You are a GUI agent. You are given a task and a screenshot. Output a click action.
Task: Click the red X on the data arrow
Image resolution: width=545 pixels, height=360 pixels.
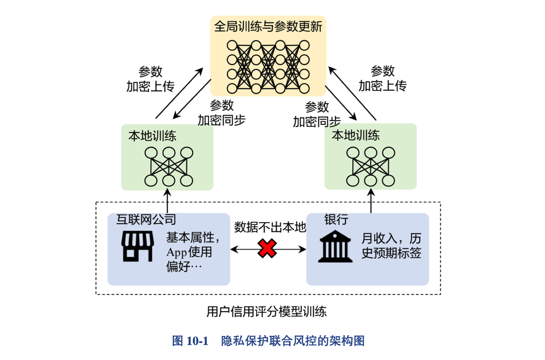(267, 249)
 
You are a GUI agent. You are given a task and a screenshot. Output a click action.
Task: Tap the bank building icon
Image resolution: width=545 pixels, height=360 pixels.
(335, 246)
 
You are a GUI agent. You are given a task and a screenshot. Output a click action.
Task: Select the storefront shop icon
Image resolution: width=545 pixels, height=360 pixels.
(138, 246)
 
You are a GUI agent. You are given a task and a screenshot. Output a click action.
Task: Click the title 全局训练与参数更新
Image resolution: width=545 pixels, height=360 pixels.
(268, 27)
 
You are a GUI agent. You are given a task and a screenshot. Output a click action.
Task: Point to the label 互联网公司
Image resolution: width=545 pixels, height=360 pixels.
(146, 219)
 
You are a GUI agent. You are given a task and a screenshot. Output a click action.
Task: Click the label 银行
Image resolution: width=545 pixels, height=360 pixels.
(336, 219)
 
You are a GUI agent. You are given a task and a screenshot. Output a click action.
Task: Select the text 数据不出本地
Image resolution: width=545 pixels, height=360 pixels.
(270, 227)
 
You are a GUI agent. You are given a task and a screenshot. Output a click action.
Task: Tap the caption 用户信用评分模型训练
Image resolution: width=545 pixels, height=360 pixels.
(267, 312)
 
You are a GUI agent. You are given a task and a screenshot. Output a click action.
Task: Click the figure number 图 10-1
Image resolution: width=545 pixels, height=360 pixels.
(190, 341)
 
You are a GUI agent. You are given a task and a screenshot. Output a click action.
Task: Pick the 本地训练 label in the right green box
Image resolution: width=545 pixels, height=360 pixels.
(356, 136)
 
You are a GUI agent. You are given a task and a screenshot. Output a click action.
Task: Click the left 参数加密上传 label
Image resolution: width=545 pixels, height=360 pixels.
(150, 79)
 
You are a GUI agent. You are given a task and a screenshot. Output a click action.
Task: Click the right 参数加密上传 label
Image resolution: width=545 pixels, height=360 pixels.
(383, 78)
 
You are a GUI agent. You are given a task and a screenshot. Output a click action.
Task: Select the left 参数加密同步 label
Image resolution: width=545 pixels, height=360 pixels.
(221, 113)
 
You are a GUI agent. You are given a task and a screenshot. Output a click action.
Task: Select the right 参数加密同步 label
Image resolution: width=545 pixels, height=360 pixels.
(316, 114)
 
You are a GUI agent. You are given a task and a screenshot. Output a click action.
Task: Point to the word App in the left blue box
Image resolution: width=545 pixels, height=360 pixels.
(177, 252)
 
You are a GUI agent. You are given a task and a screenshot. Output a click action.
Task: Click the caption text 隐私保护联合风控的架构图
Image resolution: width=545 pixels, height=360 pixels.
(293, 341)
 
